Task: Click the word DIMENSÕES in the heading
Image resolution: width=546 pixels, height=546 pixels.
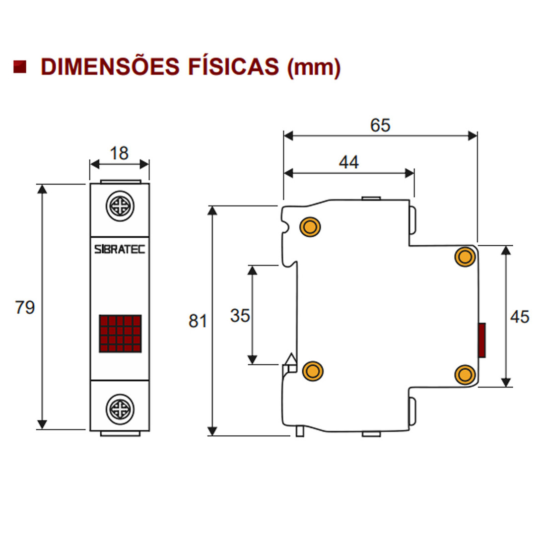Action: point(110,67)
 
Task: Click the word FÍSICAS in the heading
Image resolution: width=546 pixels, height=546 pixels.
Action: point(233,67)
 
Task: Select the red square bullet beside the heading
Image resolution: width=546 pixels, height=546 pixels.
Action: point(20,67)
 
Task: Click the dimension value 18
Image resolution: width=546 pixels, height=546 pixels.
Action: point(119,153)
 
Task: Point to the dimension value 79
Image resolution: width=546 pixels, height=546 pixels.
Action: point(25,307)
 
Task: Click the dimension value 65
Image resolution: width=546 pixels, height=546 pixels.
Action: point(380,125)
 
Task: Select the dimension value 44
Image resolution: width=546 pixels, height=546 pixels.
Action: point(349,162)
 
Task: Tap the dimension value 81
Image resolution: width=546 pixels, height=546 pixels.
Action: point(198,321)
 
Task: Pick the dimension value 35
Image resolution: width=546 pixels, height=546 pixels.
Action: point(240,315)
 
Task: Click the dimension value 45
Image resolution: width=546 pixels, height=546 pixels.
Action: point(520,316)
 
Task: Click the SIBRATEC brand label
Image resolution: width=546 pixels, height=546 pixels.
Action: point(120,249)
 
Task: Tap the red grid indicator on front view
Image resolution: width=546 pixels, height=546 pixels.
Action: point(120,334)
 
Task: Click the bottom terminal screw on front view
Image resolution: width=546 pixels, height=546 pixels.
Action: point(120,409)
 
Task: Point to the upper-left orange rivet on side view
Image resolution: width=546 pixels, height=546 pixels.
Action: point(310,227)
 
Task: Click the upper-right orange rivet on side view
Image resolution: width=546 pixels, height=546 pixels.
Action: point(466,257)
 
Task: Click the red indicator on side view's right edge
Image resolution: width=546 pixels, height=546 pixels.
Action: point(481,340)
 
